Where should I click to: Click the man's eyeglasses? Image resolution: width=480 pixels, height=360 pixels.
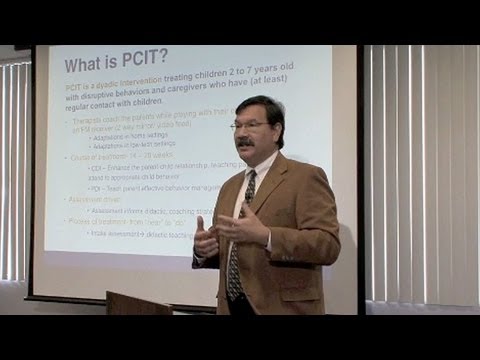pyautogui.click(x=250, y=126)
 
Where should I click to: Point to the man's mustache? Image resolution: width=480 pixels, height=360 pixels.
pyautogui.click(x=245, y=143)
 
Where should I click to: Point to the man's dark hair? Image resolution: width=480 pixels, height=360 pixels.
pyautogui.click(x=262, y=104)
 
